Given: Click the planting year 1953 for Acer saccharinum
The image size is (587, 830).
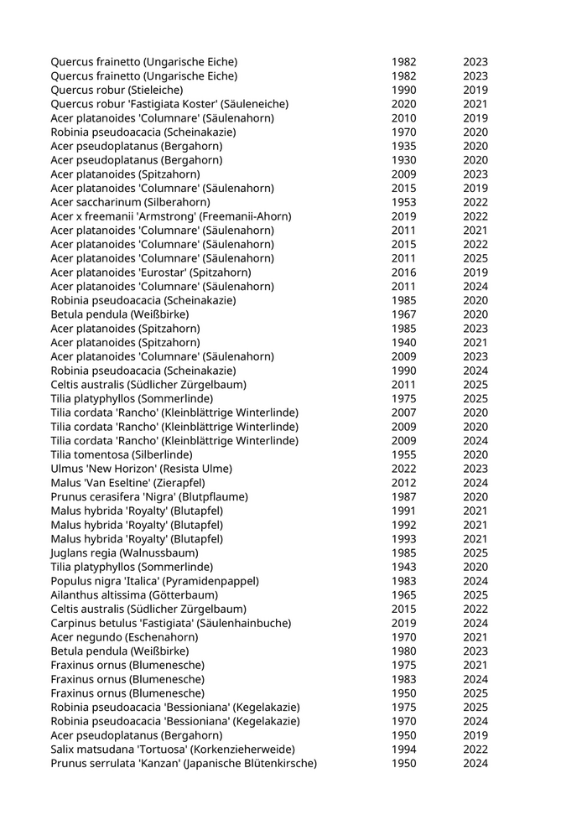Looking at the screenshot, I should (403, 202).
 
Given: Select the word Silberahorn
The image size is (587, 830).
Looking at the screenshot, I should (179, 202).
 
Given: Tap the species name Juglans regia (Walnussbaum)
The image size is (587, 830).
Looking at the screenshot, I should (124, 552).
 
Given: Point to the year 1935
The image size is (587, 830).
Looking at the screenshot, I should (403, 146).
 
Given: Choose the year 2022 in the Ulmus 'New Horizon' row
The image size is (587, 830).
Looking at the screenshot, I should (403, 469).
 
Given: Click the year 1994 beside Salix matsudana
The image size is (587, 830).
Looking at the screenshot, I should (403, 749).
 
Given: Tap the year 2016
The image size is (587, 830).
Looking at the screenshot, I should (403, 272).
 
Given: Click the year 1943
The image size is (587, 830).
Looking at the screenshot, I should (403, 567).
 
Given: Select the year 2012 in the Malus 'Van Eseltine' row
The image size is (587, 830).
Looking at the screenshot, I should (403, 483).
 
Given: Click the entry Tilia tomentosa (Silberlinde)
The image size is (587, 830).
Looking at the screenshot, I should (122, 454).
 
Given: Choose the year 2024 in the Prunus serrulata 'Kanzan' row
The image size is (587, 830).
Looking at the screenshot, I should (475, 763).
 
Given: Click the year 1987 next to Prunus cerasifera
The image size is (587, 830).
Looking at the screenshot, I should (403, 496).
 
